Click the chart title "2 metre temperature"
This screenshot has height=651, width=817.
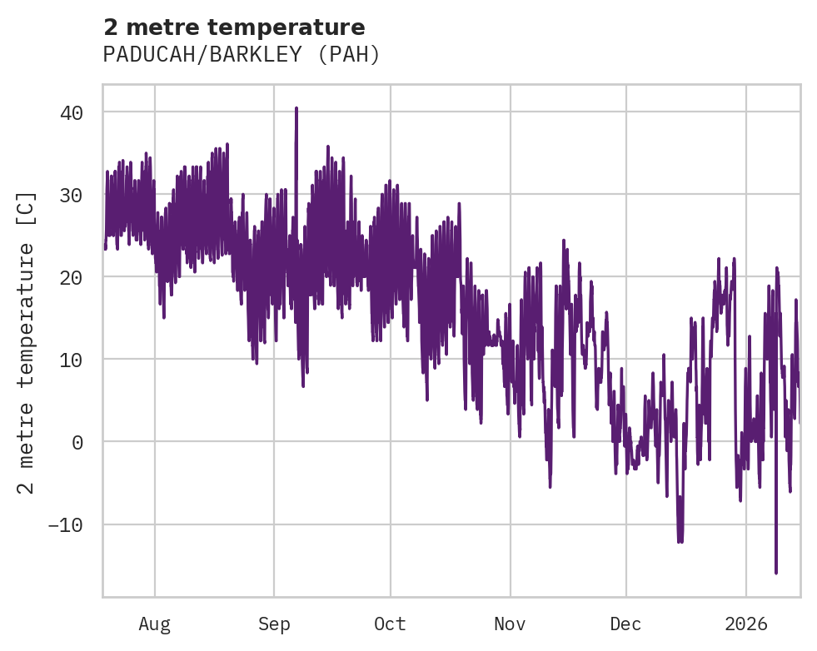click(x=234, y=27)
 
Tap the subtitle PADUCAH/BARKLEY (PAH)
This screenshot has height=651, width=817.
click(x=242, y=55)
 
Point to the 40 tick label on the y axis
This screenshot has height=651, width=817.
click(x=71, y=112)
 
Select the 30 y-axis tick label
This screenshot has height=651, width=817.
click(x=71, y=195)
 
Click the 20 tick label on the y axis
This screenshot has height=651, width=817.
click(x=71, y=277)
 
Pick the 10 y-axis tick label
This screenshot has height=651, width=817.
click(x=71, y=360)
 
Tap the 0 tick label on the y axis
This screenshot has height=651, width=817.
click(x=77, y=442)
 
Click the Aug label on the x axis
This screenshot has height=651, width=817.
click(x=154, y=624)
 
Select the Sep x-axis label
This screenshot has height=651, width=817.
click(x=274, y=624)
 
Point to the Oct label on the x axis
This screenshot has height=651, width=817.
click(x=390, y=624)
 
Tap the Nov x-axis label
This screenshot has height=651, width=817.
click(x=510, y=624)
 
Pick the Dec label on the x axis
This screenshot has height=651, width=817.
click(x=625, y=624)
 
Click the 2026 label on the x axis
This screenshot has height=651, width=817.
click(x=746, y=624)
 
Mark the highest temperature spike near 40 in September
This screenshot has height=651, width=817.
click(x=296, y=108)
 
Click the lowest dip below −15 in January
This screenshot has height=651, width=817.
click(x=776, y=572)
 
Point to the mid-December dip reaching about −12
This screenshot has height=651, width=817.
click(x=680, y=540)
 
